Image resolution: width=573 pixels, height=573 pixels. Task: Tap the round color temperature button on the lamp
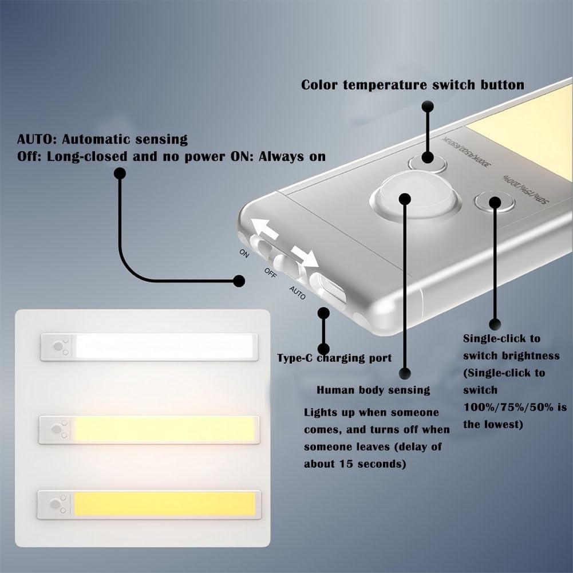[x=428, y=161]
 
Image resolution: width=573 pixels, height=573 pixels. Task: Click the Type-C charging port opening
[x=328, y=289]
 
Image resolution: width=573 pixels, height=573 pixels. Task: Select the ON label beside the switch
[x=244, y=254]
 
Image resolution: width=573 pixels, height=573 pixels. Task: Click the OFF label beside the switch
[x=271, y=271]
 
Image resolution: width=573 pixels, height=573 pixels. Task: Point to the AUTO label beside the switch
[x=297, y=293]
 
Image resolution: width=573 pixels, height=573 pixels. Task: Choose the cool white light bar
[x=165, y=346]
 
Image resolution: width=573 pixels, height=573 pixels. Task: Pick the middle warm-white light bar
[x=165, y=429]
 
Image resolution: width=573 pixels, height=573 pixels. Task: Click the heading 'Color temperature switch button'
[x=413, y=85]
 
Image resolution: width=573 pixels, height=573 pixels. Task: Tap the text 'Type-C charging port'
[x=334, y=358]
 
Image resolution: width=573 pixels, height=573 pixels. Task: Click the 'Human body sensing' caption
[x=373, y=390]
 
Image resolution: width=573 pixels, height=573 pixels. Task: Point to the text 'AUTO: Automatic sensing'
[x=102, y=139]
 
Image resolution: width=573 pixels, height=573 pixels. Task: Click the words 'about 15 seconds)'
[x=355, y=464]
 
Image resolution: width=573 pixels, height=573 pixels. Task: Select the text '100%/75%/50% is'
[x=515, y=408]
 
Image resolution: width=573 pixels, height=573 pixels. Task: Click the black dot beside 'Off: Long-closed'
[x=120, y=173]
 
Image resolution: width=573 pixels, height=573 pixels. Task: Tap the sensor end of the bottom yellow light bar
[x=57, y=504]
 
